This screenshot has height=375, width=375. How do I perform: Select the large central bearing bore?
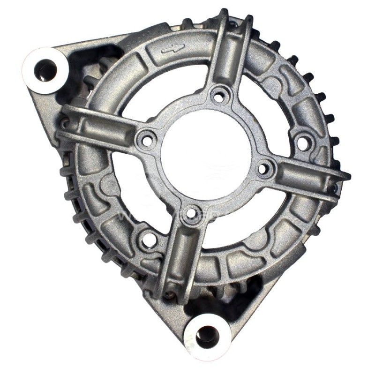[206, 154]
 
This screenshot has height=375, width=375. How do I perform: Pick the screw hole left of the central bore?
[147, 139]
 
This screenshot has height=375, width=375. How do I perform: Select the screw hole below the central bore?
[191, 214]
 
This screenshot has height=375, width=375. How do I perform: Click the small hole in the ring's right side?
[304, 143]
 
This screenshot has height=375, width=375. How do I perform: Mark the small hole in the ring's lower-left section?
[149, 240]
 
